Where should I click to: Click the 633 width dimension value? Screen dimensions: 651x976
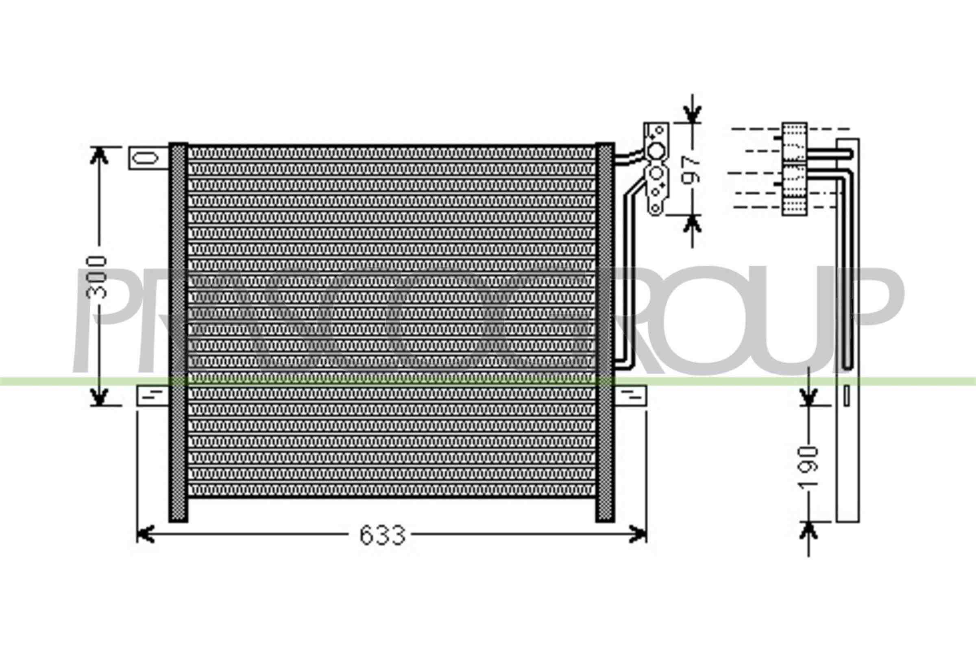382,535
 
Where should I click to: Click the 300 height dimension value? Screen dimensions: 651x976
96,277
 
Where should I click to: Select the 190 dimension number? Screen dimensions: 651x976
809,466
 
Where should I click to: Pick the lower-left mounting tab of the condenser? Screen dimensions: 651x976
152,395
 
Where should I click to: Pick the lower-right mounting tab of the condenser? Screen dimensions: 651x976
630,395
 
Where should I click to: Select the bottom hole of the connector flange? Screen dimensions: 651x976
655,208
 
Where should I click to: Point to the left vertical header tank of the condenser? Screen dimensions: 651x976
178,332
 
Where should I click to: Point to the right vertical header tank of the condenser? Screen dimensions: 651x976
605,332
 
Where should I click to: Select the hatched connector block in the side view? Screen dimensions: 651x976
794,169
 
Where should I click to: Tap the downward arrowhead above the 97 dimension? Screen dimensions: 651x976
692,114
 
